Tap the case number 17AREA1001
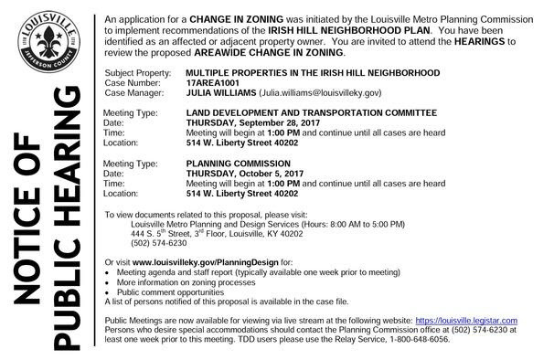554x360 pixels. (214, 80)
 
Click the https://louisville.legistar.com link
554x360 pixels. (466, 321)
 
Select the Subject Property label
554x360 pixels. (137, 70)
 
